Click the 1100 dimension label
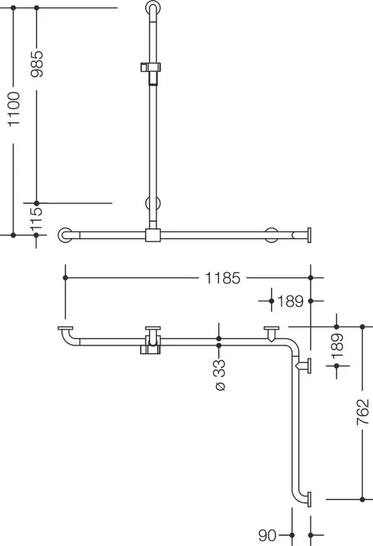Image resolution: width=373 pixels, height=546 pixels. tap(14, 109)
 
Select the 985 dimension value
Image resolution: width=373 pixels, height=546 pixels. tap(37, 64)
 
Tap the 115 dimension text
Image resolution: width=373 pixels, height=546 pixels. tap(36, 218)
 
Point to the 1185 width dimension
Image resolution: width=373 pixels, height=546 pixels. tap(222, 278)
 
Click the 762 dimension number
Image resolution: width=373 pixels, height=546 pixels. tap(363, 412)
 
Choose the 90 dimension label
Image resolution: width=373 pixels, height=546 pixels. tap(267, 535)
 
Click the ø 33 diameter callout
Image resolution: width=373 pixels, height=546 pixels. tap(220, 376)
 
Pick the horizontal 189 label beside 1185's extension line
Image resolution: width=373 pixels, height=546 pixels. tap(291, 301)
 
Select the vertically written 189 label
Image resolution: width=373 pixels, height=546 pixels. tap(337, 347)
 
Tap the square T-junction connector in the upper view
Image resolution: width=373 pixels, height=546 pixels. tap(153, 235)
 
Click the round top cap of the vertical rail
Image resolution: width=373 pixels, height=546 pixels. tap(153, 7)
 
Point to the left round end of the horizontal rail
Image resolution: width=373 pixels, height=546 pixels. tap(65, 235)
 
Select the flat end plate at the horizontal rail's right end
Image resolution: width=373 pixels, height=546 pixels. tap(309, 235)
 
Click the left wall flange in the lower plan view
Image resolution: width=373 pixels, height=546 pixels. tap(66, 328)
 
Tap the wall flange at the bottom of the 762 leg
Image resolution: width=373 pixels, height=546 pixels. tap(309, 499)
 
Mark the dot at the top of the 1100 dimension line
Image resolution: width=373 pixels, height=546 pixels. tap(14, 8)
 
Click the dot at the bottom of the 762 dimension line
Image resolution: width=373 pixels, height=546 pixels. tap(363, 499)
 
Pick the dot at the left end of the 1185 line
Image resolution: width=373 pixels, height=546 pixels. tap(66, 278)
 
